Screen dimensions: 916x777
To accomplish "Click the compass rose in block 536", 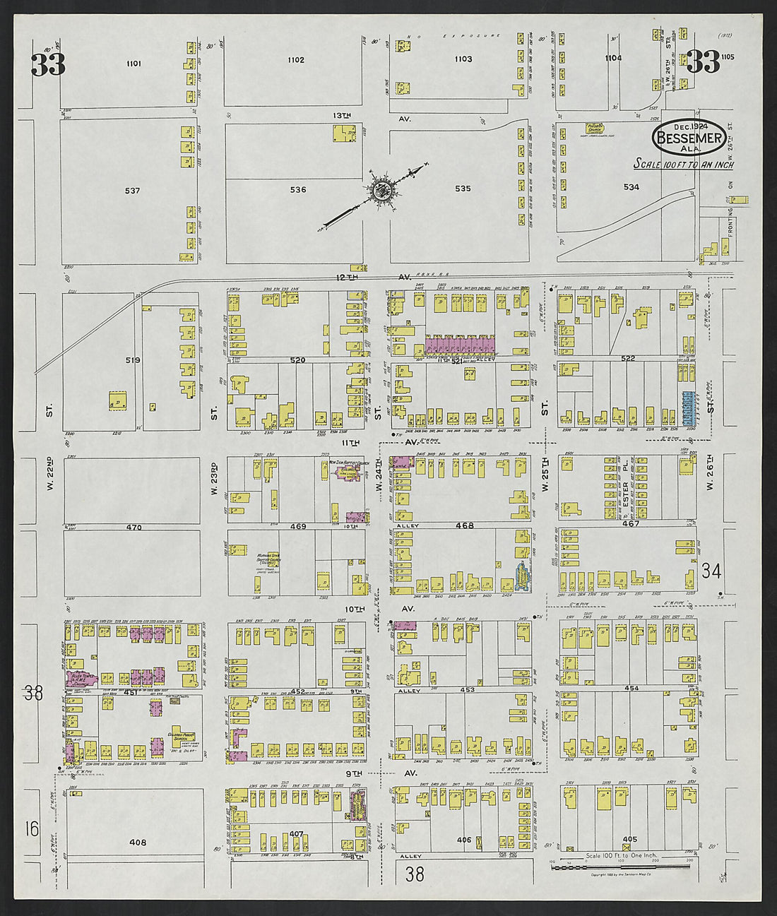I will (x=382, y=190).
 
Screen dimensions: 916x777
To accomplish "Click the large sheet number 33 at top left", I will (x=48, y=65).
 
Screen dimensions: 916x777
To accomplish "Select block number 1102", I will (x=296, y=60).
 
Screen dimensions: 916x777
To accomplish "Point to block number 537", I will (x=132, y=191).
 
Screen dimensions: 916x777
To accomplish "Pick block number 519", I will (x=133, y=360).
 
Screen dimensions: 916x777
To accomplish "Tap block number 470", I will (x=134, y=528).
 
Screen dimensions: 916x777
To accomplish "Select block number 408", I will (x=138, y=843).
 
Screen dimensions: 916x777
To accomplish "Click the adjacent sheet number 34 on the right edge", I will (x=711, y=571).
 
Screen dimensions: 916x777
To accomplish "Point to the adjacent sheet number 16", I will (x=32, y=828).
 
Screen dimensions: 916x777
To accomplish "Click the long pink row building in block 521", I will (x=458, y=346).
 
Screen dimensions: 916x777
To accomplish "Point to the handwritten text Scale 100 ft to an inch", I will (x=683, y=165).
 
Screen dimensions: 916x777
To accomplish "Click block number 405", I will (x=629, y=840).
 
